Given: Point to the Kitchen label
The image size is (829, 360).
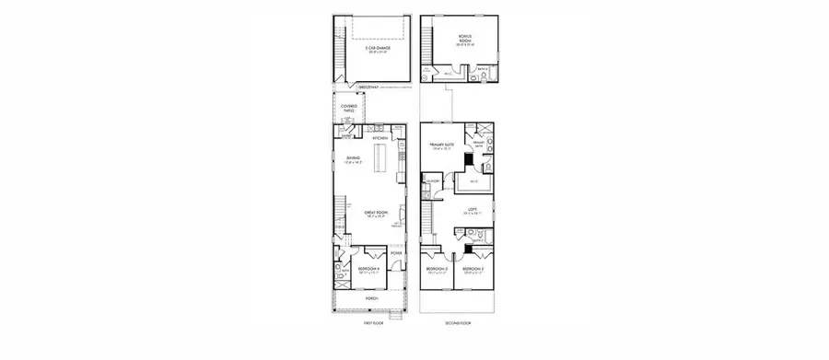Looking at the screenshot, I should tap(380, 137).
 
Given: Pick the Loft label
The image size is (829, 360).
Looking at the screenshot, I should tap(472, 210).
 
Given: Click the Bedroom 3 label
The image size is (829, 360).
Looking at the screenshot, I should tap(438, 269).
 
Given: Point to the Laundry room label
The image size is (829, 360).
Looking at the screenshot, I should tap(432, 182).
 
